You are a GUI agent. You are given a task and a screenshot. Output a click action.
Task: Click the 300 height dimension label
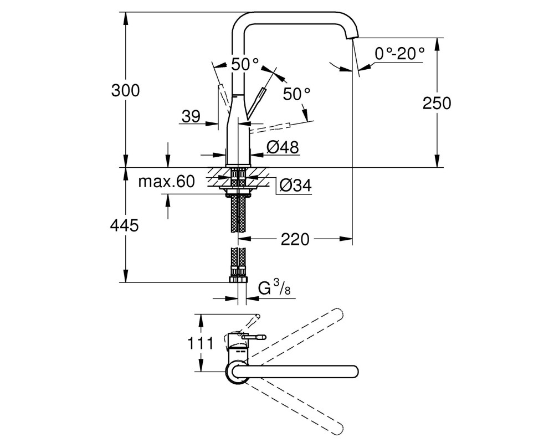tap(125, 91)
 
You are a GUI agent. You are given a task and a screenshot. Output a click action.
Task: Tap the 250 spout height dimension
tap(437, 103)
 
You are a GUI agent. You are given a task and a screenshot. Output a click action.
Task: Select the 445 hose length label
tap(124, 225)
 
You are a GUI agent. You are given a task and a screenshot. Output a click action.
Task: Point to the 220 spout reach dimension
tap(295, 240)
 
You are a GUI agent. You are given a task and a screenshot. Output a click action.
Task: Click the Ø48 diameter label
tap(283, 147)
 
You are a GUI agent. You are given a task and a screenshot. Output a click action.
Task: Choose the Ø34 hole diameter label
tap(296, 185)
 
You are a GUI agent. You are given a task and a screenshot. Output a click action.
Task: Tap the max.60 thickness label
tap(166, 182)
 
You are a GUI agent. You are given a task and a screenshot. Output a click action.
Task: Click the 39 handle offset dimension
tap(191, 116)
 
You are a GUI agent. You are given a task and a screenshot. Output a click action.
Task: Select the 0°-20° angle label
tap(399, 54)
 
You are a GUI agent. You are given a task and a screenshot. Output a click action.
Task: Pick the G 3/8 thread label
tap(274, 289)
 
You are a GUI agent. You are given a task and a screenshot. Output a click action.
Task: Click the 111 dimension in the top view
tap(200, 343)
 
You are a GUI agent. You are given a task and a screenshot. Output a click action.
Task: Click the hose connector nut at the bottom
tap(238, 280)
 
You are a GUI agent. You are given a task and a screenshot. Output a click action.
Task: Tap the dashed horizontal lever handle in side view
tap(270, 128)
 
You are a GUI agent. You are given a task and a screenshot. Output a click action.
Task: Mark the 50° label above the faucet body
tap(245, 64)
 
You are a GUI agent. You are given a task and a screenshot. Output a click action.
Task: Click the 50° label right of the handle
tap(297, 94)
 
